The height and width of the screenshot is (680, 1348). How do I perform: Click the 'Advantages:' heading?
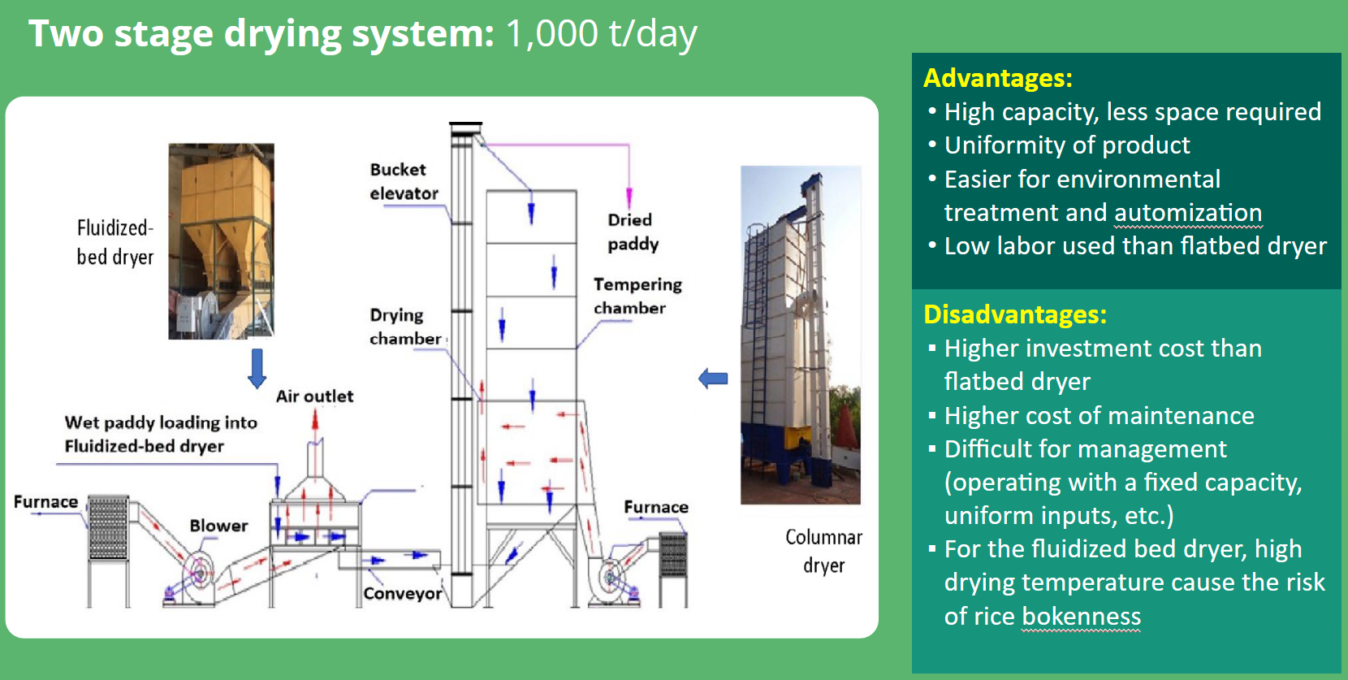998,78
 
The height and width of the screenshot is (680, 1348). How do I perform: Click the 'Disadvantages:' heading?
1015,314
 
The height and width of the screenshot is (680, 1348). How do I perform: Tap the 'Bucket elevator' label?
404,181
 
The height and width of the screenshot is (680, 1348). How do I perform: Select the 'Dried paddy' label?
633,232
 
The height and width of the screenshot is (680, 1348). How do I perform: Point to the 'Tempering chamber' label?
637,296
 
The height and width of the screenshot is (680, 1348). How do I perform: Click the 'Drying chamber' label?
404,327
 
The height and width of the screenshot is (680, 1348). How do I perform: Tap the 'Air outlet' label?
314,396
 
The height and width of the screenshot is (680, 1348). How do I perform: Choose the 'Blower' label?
218,526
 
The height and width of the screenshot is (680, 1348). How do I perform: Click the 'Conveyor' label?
402,594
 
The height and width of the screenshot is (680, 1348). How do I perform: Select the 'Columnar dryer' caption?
823,551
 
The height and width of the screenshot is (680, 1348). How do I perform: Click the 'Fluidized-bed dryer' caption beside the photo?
114,242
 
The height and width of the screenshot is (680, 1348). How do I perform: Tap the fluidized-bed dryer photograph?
221,241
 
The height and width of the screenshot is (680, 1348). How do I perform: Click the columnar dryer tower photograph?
800,335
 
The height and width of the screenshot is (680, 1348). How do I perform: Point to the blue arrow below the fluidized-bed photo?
257,368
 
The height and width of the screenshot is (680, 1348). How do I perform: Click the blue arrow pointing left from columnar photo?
713,378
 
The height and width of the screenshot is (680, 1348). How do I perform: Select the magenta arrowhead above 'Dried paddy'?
629,197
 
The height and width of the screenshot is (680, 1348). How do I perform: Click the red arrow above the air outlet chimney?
315,419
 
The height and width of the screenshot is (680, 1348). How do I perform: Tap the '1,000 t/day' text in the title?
601,34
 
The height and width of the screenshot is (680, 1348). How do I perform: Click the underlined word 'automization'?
1188,213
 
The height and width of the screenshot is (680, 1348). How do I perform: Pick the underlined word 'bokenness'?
1081,617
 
